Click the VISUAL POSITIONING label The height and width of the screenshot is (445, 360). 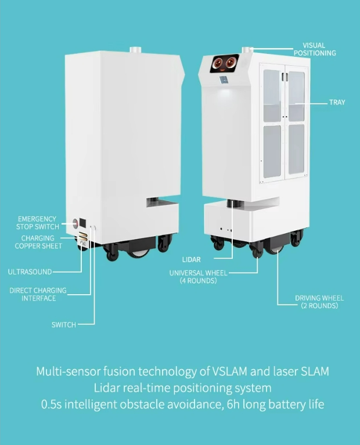point(314,49)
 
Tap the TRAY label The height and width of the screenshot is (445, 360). point(337,102)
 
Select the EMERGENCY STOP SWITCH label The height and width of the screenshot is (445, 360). point(38,223)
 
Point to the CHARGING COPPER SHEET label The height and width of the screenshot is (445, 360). point(38,242)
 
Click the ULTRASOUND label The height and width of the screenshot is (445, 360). point(30,272)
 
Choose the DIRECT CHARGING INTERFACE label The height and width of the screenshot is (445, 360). point(38,294)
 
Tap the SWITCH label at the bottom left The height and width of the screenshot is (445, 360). point(64,325)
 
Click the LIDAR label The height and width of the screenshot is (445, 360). point(191,260)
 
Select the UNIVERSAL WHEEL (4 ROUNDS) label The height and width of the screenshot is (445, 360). point(199,277)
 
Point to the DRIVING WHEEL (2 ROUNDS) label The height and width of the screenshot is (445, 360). point(319,302)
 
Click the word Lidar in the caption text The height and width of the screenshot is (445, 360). point(109,387)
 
